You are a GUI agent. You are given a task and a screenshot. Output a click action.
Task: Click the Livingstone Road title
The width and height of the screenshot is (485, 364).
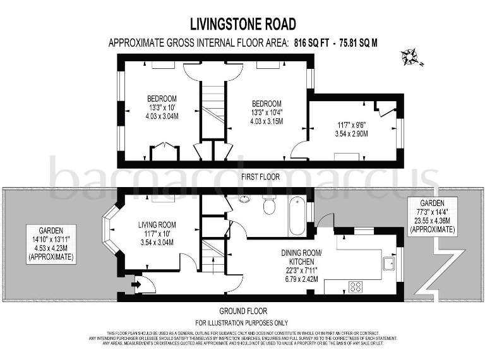click(243, 25)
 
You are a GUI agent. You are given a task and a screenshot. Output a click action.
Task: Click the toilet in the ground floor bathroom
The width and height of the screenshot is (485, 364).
click(269, 206)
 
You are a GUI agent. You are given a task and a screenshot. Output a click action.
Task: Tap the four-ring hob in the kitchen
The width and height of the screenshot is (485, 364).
click(356, 286)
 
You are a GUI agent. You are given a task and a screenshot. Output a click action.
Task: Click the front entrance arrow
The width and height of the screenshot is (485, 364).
click(134, 284)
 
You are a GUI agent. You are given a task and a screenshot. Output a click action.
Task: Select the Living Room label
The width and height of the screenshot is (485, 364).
click(157, 224)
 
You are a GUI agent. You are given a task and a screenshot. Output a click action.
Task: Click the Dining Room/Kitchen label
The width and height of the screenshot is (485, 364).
click(301, 257)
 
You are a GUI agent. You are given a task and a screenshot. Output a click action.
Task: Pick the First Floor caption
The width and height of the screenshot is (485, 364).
click(260, 177)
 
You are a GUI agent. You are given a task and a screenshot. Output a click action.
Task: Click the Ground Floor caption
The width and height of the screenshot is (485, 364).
click(243, 311)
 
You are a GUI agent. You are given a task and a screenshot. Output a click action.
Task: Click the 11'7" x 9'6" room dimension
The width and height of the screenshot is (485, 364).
click(351, 124)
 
